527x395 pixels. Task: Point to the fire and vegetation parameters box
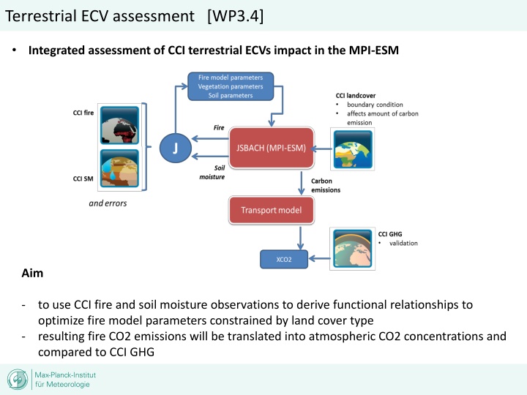tap(231, 86)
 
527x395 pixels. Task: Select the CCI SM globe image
tap(120, 169)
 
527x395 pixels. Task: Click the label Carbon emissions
tap(326, 184)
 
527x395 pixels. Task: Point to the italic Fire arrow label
tap(218, 127)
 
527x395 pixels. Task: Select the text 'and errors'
tap(108, 203)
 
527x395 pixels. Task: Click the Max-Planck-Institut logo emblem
tap(18, 380)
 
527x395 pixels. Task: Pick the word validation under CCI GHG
tap(403, 243)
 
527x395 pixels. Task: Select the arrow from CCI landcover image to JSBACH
tap(318, 148)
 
